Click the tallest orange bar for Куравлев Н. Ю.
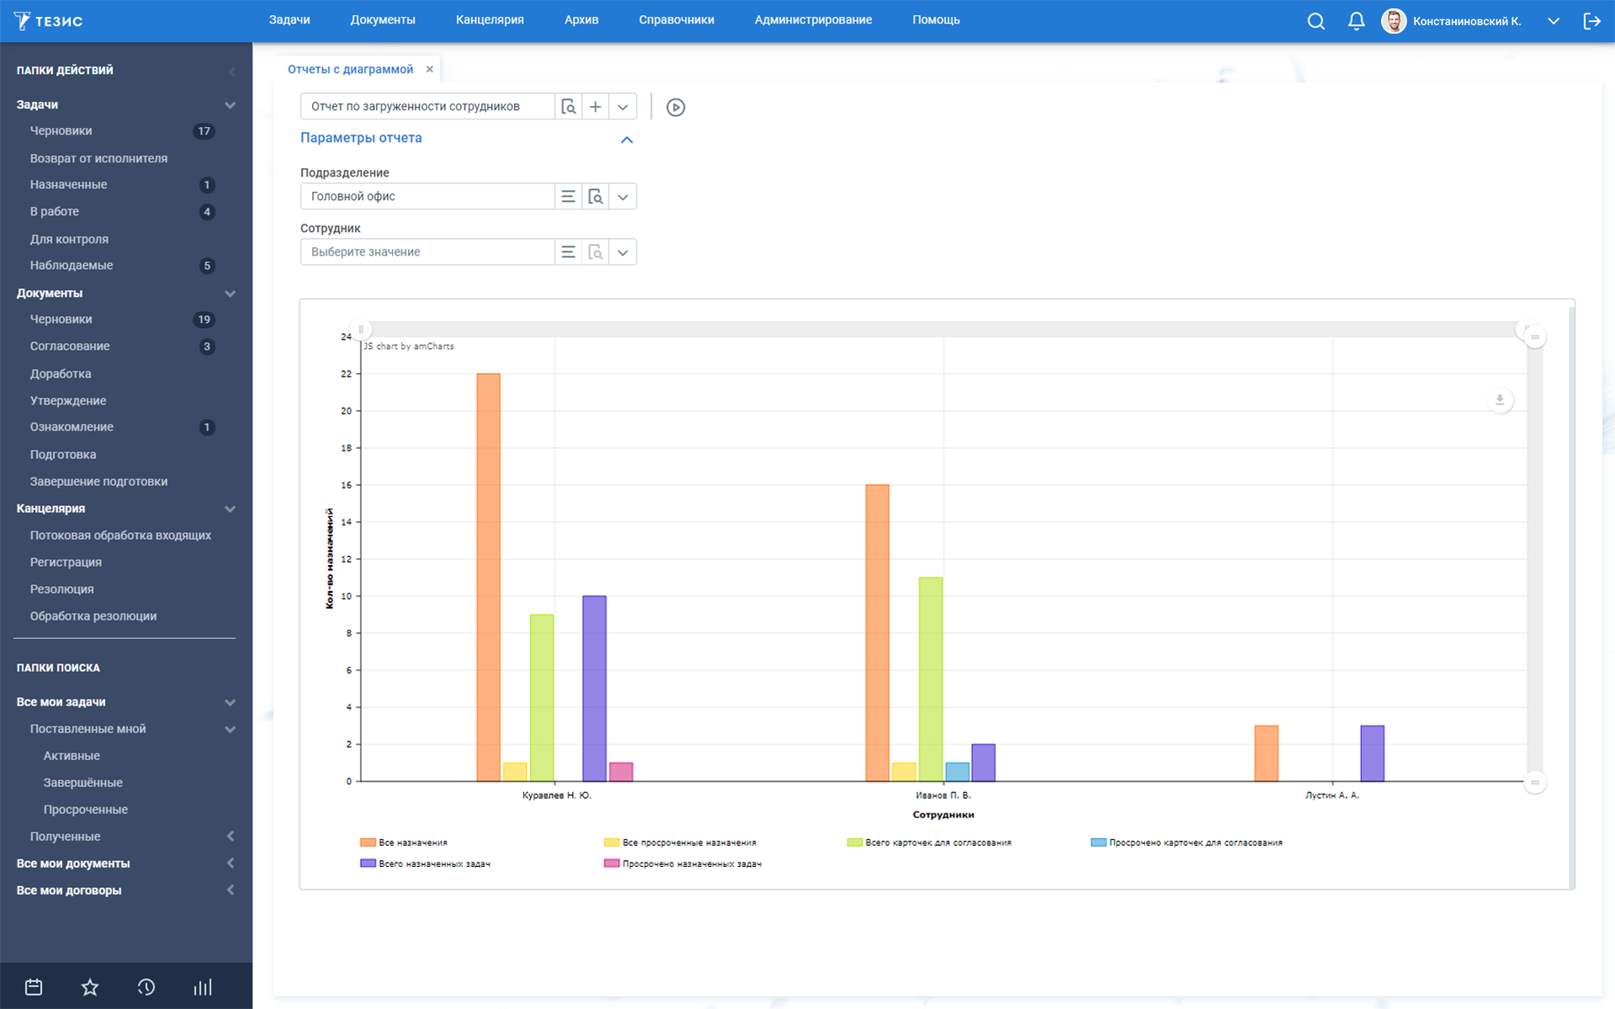(488, 578)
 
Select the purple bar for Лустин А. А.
(1372, 753)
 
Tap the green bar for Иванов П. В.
(930, 679)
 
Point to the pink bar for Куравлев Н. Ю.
(621, 772)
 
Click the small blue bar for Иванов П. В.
(957, 772)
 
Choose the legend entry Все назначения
(404, 843)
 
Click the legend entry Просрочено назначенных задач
(682, 864)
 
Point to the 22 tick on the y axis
(346, 374)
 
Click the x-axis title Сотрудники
(943, 815)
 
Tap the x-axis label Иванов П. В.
(943, 795)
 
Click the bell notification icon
(1356, 21)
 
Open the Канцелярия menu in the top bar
(490, 20)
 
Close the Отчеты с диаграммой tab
(430, 69)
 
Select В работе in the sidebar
(55, 212)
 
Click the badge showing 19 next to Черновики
(204, 320)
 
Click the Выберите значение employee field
(427, 252)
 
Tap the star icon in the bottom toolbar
(90, 987)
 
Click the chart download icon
(1500, 400)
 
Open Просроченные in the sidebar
(86, 810)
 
